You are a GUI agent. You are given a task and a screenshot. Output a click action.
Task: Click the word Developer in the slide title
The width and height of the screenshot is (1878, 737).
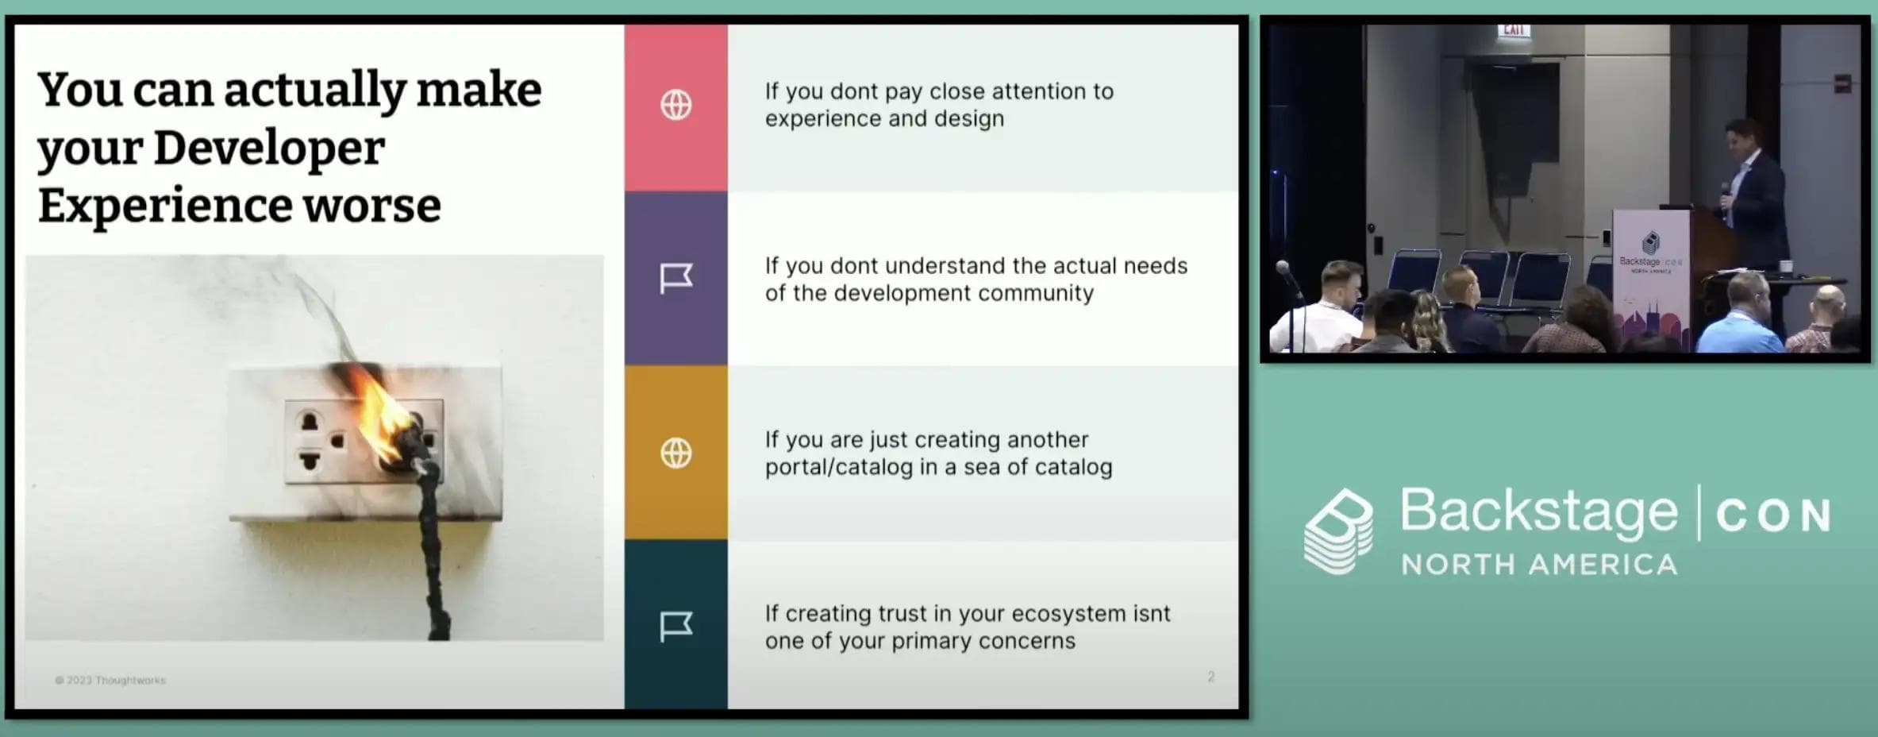pos(268,149)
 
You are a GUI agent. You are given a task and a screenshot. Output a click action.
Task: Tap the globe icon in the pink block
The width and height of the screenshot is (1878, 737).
pos(675,105)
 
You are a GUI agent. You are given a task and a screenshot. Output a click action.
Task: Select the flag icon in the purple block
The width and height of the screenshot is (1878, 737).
pos(675,278)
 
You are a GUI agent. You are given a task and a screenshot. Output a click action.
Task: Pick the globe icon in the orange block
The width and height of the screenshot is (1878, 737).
pos(675,453)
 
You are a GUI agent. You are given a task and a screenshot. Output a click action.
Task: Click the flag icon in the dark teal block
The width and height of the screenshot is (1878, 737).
pos(675,627)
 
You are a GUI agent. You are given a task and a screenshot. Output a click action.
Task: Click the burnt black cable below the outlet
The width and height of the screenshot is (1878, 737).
pos(435,556)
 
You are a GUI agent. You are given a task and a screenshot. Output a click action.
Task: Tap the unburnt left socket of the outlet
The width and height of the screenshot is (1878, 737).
pos(310,442)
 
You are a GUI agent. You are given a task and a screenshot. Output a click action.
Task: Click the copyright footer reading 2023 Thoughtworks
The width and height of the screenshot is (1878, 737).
pos(110,681)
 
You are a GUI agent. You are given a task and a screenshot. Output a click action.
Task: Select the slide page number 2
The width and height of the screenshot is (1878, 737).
pos(1210,677)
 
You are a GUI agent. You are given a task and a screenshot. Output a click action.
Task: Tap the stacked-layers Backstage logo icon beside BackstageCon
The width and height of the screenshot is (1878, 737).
pos(1338,531)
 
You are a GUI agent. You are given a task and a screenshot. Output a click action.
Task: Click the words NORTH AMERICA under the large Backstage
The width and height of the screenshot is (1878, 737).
pos(1538,565)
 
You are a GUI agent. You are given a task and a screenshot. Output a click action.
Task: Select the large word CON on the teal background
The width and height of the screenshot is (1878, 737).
pos(1773,516)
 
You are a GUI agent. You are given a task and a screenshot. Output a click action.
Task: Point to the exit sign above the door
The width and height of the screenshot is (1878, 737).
pos(1513,29)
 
